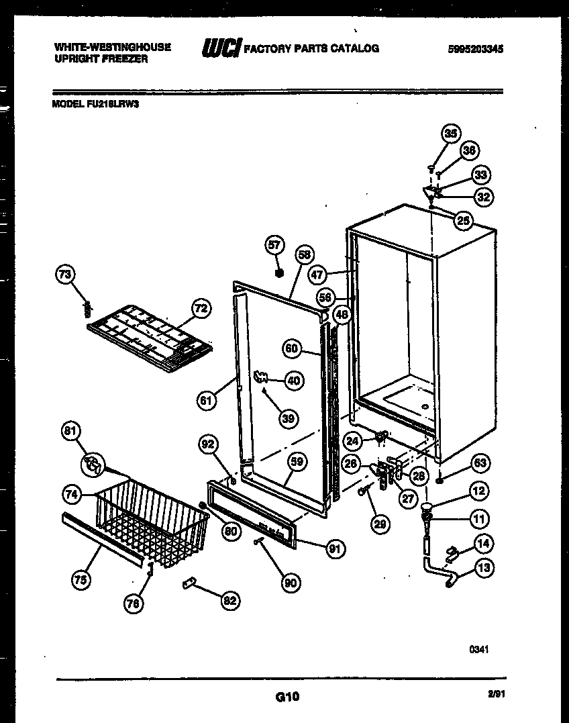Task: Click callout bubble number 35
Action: pyautogui.click(x=451, y=134)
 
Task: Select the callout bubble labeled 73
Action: pyautogui.click(x=65, y=274)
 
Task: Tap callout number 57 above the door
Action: pyautogui.click(x=275, y=245)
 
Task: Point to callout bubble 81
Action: pyautogui.click(x=70, y=431)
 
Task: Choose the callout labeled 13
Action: pyautogui.click(x=484, y=568)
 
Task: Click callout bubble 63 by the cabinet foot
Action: pyautogui.click(x=480, y=463)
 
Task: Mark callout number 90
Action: pyautogui.click(x=291, y=583)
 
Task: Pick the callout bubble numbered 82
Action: pyautogui.click(x=230, y=601)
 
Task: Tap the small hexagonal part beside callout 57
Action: pyautogui.click(x=280, y=274)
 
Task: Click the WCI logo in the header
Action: pyautogui.click(x=221, y=48)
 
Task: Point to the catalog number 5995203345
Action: pyautogui.click(x=476, y=49)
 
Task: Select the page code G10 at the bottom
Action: pyautogui.click(x=287, y=697)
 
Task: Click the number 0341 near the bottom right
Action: pyautogui.click(x=478, y=649)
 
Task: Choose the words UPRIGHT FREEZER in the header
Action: pyautogui.click(x=100, y=58)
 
